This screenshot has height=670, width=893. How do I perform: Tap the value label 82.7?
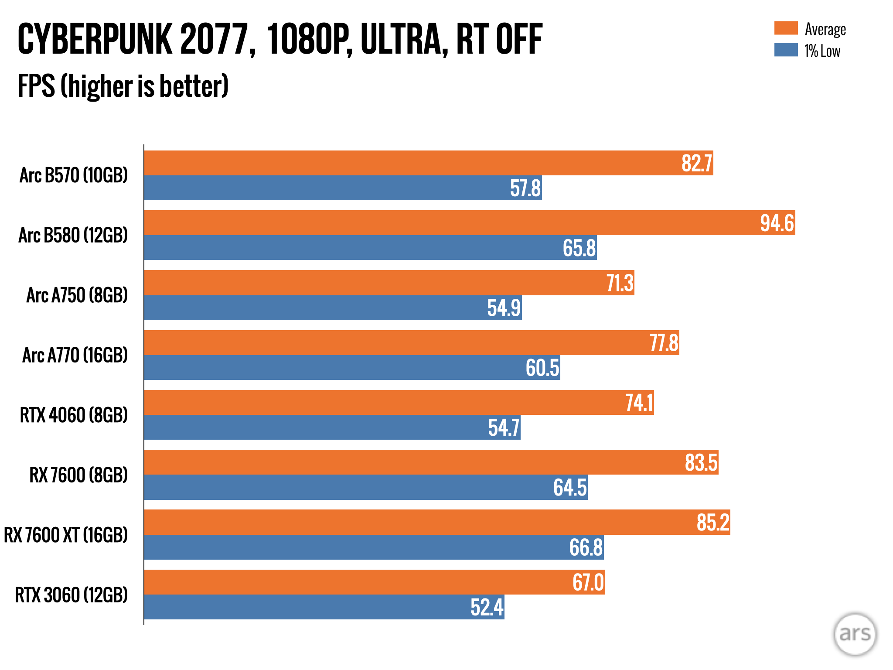click(696, 163)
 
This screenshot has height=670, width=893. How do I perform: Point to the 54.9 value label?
click(504, 308)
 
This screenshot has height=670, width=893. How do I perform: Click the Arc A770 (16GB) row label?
click(75, 355)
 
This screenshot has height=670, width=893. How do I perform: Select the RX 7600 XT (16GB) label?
click(66, 535)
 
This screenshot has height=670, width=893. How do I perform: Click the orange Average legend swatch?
click(786, 28)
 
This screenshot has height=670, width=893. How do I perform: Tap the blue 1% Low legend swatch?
click(786, 50)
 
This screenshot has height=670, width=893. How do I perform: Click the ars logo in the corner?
click(855, 634)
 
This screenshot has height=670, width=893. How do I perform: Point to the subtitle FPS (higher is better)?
click(123, 86)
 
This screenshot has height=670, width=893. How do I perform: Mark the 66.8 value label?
click(586, 547)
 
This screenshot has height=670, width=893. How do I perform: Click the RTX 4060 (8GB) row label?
click(74, 415)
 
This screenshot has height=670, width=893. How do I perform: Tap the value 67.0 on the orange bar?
click(588, 582)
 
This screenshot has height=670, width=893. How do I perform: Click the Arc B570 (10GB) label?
click(74, 175)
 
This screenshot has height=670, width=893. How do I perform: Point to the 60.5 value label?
click(542, 368)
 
